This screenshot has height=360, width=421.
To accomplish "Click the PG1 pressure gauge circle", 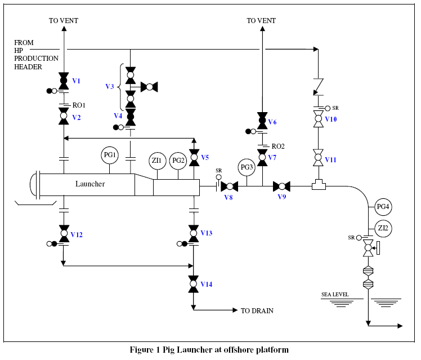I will tap(110, 155).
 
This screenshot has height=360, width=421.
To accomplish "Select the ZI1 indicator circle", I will tap(157, 161).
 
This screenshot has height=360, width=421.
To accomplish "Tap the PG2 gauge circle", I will tap(178, 161).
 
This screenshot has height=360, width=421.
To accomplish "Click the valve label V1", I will tap(76, 81).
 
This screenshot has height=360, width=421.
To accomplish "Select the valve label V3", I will tap(110, 87).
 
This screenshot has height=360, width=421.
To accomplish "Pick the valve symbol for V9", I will tap(281, 186).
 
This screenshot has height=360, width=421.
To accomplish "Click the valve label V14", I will tap(207, 284).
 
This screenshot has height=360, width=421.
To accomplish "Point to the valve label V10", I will tap(331, 119).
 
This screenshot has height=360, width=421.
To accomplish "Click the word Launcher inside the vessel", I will tap(90, 184).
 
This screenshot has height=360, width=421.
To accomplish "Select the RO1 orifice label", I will tap(79, 104).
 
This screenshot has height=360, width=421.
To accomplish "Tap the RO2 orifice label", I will tap(277, 146).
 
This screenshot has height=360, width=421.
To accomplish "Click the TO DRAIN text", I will tap(257, 310).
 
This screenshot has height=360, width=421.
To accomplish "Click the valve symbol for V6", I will tap(262, 120).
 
